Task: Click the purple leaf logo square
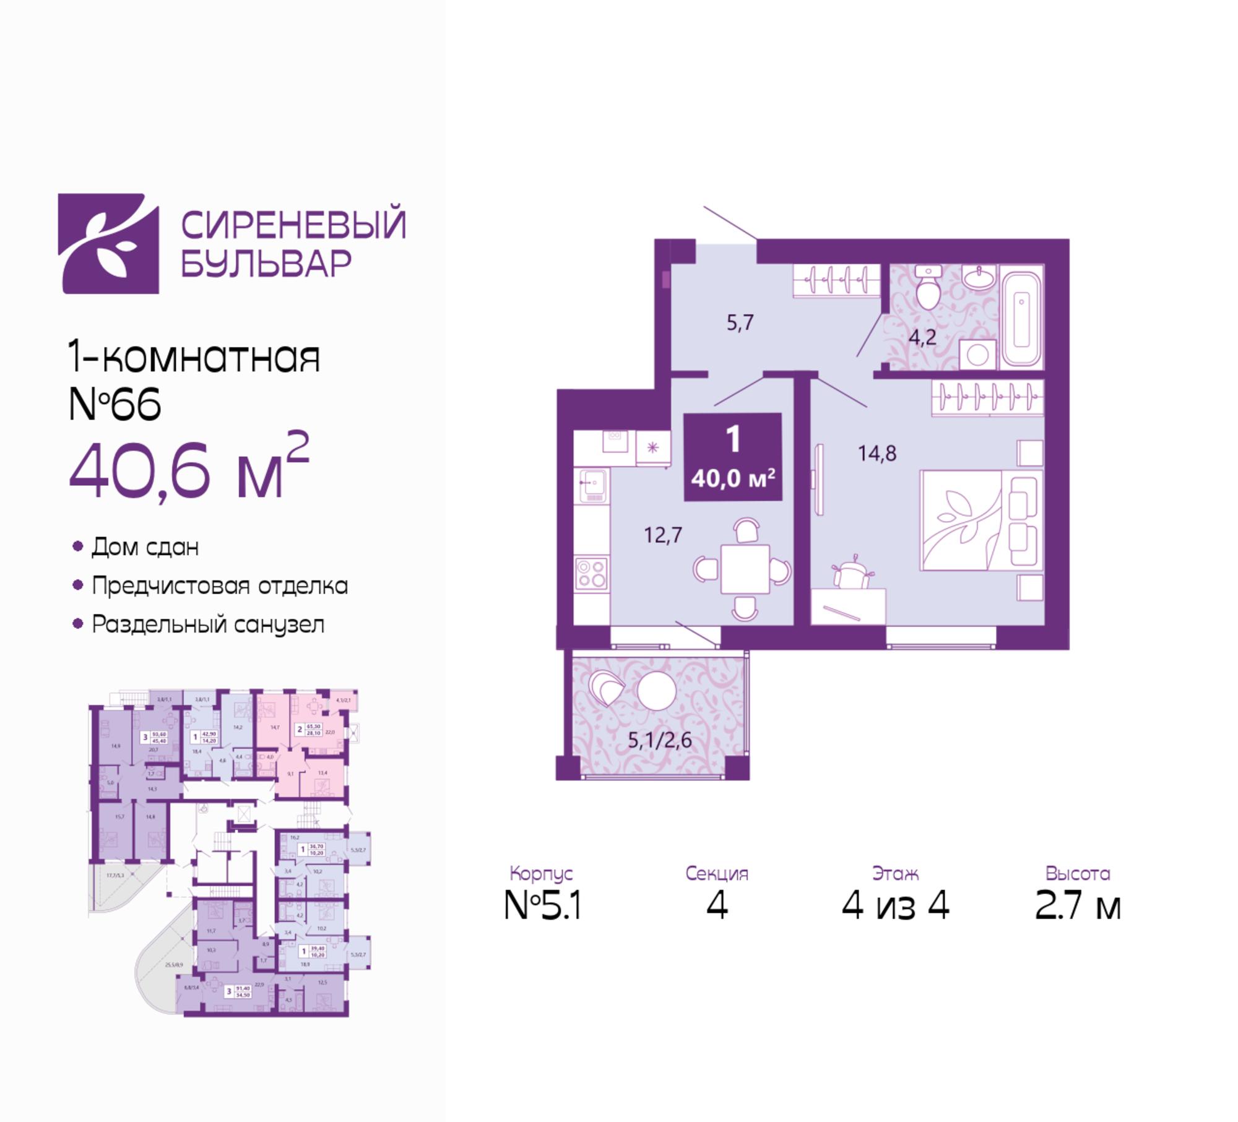click(108, 243)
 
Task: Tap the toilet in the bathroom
click(927, 290)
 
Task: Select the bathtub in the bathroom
click(1022, 316)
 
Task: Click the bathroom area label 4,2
click(922, 338)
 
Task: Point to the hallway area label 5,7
click(740, 322)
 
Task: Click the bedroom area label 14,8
click(877, 454)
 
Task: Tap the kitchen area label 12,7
click(663, 535)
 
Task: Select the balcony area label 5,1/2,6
click(660, 740)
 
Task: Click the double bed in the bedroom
click(980, 520)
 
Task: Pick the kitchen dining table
click(745, 569)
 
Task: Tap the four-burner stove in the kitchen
click(591, 573)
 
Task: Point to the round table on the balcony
click(656, 691)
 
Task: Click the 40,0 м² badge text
click(733, 478)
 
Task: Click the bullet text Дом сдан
click(145, 547)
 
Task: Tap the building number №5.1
click(542, 906)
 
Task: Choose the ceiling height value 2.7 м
click(1078, 906)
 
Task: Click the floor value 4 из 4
click(895, 906)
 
